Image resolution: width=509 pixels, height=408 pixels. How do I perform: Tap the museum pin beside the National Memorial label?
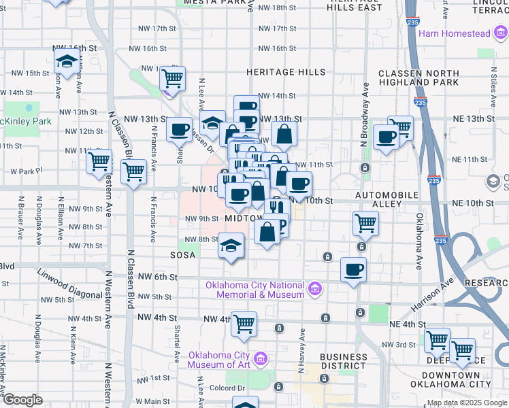click(x=314, y=290)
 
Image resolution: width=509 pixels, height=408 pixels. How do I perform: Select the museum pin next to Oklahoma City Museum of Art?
click(x=259, y=358)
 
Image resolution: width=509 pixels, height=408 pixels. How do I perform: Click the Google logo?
click(x=22, y=401)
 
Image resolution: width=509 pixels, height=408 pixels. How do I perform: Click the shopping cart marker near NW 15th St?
click(x=173, y=78)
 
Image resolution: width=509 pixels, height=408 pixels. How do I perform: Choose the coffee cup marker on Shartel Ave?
click(x=180, y=129)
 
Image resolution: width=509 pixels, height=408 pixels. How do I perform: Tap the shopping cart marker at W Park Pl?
click(x=99, y=162)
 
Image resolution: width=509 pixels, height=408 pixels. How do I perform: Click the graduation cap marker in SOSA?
click(x=231, y=245)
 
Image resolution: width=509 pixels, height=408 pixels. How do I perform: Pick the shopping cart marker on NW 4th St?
click(x=244, y=324)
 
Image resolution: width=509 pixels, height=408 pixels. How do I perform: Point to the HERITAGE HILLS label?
click(x=286, y=72)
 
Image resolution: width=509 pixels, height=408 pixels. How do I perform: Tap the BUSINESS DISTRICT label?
click(x=343, y=361)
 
